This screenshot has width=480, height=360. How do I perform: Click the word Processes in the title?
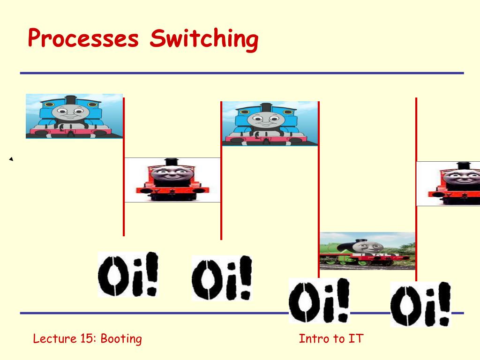coord(83,38)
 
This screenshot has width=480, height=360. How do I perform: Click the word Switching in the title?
coord(204,39)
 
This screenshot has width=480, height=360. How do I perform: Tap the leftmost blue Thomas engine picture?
coord(74,116)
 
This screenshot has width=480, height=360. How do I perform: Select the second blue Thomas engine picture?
coord(270,124)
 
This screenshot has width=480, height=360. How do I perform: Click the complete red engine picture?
coord(172,180)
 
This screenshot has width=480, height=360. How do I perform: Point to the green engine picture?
coord(367,251)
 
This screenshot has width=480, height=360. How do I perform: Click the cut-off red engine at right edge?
coord(448,184)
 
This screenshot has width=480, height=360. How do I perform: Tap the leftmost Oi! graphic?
coord(128,274)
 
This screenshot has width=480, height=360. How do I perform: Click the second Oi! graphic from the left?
coord(222,278)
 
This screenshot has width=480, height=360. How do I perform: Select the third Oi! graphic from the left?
coord(319,300)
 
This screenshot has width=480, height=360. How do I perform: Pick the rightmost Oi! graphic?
coord(420,304)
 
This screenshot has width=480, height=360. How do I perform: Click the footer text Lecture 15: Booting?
coord(88,339)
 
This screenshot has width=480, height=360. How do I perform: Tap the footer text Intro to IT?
coord(331,338)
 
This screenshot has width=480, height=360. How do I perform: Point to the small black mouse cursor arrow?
coord(11,159)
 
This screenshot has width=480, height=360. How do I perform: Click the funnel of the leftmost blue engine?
coord(71,100)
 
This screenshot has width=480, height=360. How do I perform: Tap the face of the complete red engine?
coord(172,174)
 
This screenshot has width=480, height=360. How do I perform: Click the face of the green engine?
coord(366,247)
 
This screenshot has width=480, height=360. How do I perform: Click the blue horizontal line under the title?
coord(242,73)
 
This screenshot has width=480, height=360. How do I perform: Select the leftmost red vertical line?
coord(124,167)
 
